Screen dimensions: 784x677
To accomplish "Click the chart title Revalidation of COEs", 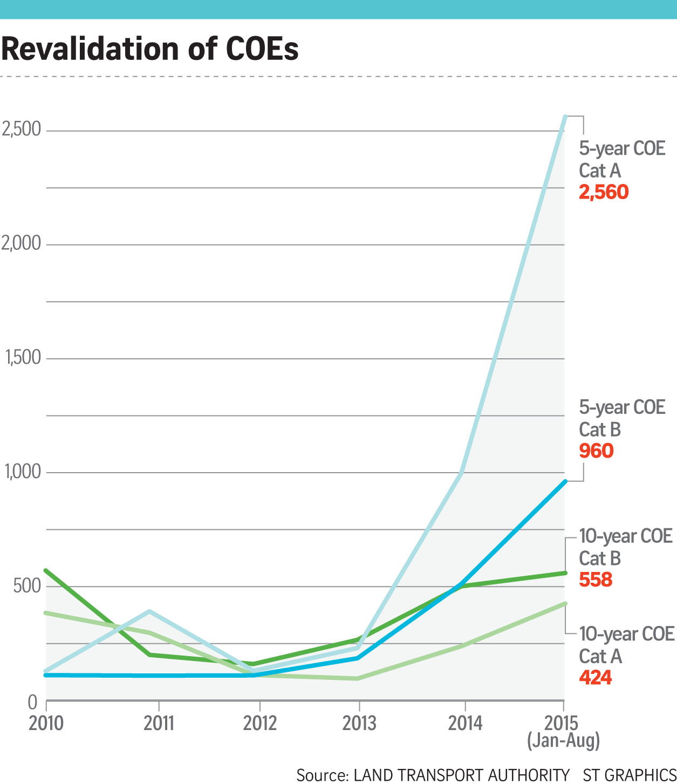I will [x=150, y=49].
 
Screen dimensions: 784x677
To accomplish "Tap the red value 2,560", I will [x=603, y=192].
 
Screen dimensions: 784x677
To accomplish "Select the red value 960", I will [x=596, y=451].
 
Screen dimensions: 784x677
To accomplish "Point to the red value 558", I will [x=596, y=580].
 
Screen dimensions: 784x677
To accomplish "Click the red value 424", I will [x=596, y=677].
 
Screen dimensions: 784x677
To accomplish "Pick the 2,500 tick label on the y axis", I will [x=22, y=129].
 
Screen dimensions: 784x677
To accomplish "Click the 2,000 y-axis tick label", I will [x=22, y=243].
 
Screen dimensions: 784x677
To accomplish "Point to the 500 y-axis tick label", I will [x=27, y=585].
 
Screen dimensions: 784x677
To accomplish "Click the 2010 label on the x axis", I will [x=46, y=723].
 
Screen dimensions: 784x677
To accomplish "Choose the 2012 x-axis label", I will [x=259, y=723].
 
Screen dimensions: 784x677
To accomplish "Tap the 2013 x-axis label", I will [x=359, y=723].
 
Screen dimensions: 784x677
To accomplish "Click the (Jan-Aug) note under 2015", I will [x=563, y=740].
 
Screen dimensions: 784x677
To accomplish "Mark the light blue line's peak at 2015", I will [x=564, y=117].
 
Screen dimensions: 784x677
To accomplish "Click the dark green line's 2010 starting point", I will [x=46, y=570].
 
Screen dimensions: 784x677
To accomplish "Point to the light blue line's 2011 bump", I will [x=149, y=611].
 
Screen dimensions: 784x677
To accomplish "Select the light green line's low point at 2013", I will [x=358, y=678].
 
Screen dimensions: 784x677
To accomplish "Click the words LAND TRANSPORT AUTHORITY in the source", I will [x=461, y=775].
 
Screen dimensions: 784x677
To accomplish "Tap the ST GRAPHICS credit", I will [x=629, y=775].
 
